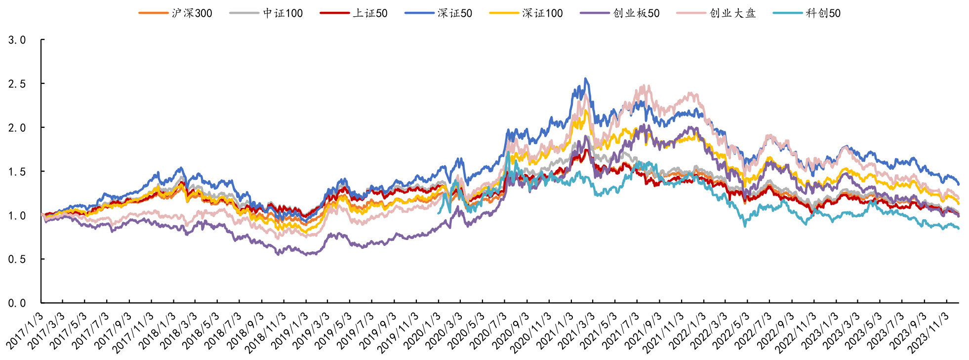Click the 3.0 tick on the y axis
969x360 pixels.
point(17,40)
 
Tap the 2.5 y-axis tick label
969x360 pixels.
point(17,84)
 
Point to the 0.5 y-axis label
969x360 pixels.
point(17,259)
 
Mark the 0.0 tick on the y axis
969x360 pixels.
point(17,303)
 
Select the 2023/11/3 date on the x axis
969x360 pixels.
point(929,332)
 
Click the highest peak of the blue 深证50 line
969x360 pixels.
point(586,79)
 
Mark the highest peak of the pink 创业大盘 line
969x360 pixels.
point(644,85)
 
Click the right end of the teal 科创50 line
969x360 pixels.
point(959,228)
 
